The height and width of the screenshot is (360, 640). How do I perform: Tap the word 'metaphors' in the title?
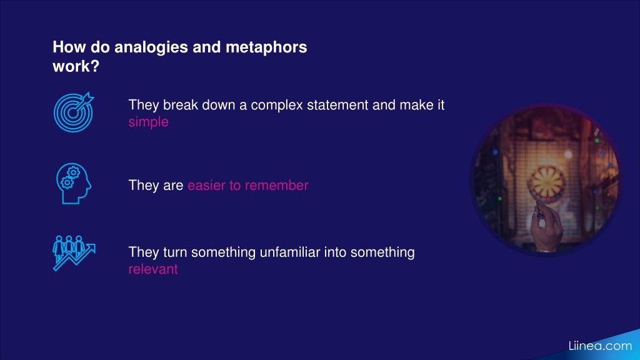(x=266, y=47)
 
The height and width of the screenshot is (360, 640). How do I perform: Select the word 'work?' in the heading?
(x=76, y=66)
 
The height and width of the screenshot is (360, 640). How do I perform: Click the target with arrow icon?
(x=74, y=112)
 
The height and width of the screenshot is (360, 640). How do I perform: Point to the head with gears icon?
(x=74, y=183)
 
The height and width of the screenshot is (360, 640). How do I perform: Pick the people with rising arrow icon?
(x=74, y=253)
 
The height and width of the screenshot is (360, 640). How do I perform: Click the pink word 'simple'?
(x=148, y=122)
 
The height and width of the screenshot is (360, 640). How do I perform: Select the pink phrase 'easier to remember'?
(x=247, y=185)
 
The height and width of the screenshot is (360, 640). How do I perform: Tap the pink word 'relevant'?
(x=153, y=269)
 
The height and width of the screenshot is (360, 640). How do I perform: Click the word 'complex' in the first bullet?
(x=277, y=105)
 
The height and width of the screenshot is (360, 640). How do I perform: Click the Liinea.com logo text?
(x=600, y=346)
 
